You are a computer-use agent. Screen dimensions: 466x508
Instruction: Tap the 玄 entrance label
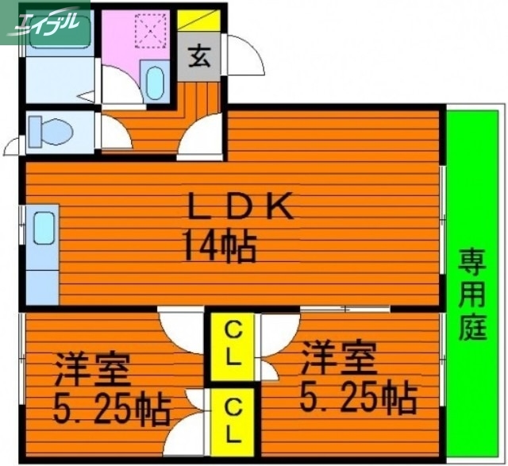[x=200, y=57]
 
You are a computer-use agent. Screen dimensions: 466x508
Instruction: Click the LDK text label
[x=241, y=207]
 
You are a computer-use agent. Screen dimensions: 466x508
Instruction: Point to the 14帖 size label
[x=220, y=246]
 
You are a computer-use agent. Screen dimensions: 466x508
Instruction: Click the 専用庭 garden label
[x=473, y=295]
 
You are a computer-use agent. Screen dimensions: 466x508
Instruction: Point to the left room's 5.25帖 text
[x=112, y=410]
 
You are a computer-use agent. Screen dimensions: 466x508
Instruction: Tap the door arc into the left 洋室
[x=179, y=325]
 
